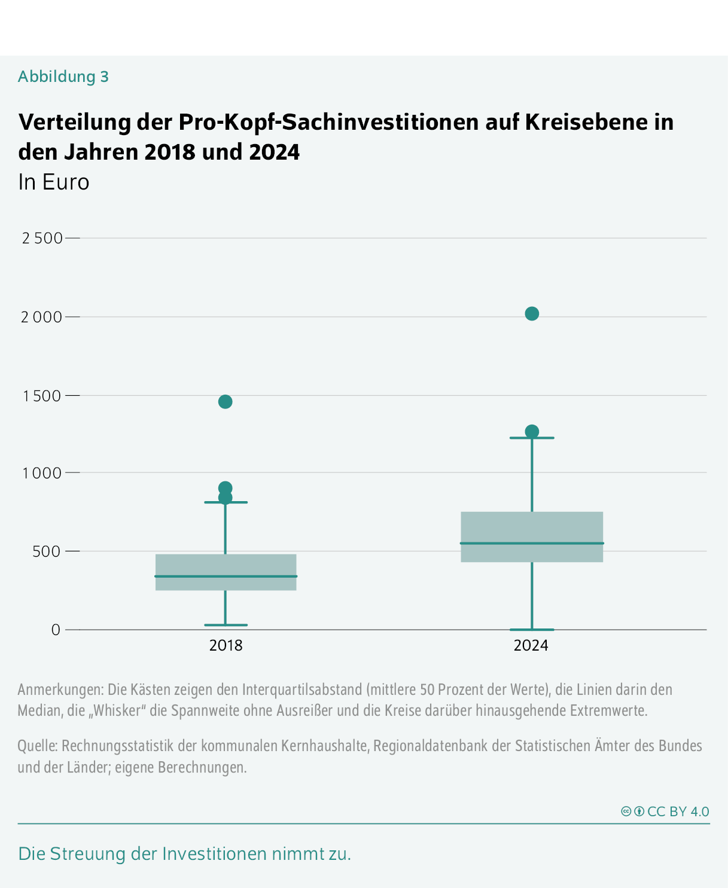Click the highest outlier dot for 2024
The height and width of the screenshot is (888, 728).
click(x=532, y=313)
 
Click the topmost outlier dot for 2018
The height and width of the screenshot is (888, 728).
click(x=225, y=401)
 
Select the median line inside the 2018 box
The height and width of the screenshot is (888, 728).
click(x=226, y=576)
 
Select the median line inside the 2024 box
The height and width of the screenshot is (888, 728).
click(x=532, y=543)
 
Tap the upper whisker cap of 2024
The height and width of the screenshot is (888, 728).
click(x=532, y=438)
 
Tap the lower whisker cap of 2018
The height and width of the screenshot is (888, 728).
click(x=226, y=625)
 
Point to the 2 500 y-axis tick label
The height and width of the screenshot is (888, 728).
click(x=42, y=238)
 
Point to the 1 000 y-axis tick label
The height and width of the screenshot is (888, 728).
click(x=42, y=473)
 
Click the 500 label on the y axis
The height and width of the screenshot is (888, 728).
click(x=47, y=551)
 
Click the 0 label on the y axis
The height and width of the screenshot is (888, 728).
click(x=56, y=630)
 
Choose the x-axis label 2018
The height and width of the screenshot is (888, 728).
click(x=226, y=646)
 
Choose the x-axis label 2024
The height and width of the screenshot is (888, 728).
click(x=531, y=646)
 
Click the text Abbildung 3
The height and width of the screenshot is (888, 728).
click(x=63, y=77)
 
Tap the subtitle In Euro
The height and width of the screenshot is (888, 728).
click(x=54, y=182)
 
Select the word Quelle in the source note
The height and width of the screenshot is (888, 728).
click(x=37, y=746)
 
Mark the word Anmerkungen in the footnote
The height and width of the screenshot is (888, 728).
click(x=60, y=689)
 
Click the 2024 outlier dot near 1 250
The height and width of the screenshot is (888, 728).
click(x=532, y=431)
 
